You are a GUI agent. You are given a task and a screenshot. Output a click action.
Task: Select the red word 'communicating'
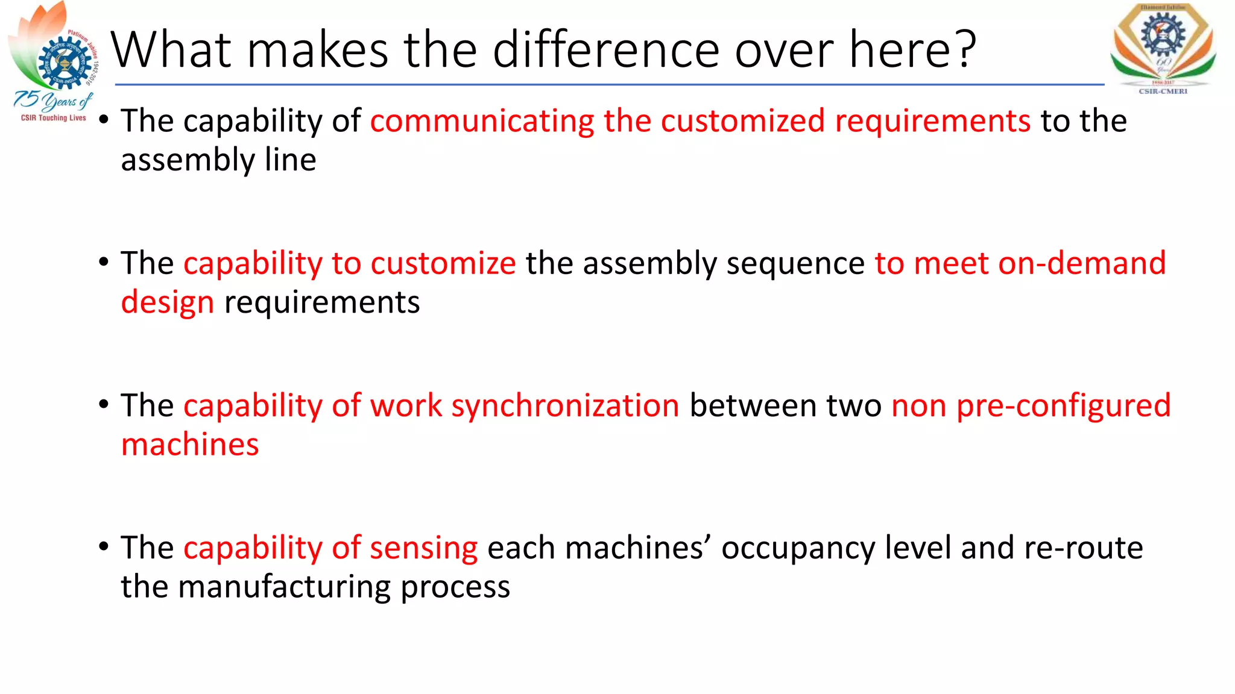482,121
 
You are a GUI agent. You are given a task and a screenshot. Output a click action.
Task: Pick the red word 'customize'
443,264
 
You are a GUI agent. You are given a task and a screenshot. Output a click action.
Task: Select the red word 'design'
167,302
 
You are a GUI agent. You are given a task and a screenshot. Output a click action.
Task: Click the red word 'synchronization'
565,406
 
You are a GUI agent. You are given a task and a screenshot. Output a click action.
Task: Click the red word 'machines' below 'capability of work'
190,445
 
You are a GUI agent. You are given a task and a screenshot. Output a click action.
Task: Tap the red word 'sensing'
423,549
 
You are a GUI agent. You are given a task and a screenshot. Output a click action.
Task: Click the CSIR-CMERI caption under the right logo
1163,92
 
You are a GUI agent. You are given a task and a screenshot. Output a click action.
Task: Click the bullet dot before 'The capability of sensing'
104,546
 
